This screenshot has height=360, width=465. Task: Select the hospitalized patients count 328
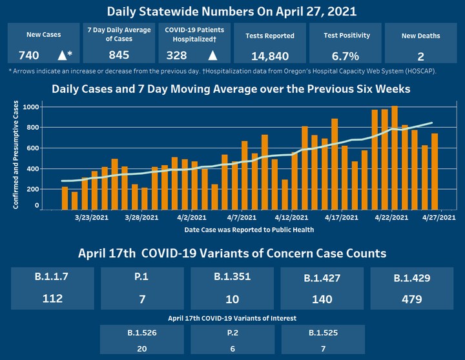tap(177, 55)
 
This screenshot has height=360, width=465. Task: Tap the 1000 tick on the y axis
tap(30, 107)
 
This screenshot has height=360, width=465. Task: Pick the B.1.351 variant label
tap(232, 277)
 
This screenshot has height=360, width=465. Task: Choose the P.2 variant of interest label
tap(232, 333)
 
